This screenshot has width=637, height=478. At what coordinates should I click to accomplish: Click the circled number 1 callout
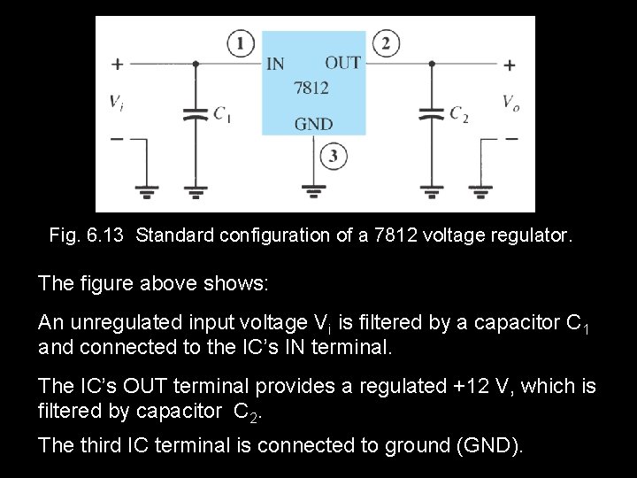click(x=241, y=43)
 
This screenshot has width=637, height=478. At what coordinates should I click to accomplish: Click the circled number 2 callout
click(x=386, y=43)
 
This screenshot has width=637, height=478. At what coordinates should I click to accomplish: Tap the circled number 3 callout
click(x=333, y=158)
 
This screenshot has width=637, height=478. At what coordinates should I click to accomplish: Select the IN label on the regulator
click(x=276, y=64)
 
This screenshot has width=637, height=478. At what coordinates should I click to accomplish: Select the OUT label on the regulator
click(x=342, y=63)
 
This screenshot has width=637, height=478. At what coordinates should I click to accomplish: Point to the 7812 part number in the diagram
click(x=311, y=89)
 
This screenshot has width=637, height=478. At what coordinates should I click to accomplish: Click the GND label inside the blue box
click(x=313, y=124)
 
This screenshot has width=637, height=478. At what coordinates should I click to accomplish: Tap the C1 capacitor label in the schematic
click(x=222, y=113)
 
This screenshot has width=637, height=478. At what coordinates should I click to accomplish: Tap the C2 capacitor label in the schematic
click(x=459, y=113)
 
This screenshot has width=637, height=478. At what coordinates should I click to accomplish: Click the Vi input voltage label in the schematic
click(x=117, y=102)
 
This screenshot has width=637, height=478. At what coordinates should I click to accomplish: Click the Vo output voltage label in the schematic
click(x=511, y=102)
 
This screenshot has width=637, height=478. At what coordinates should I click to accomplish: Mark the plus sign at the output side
click(x=510, y=64)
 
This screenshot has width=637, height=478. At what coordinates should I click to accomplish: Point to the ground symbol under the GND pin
click(x=313, y=189)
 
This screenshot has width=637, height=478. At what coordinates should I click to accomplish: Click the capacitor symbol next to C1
click(x=195, y=114)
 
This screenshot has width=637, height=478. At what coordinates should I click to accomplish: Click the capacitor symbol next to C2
click(x=431, y=114)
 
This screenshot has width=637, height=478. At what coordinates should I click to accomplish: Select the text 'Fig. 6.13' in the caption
click(x=88, y=235)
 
